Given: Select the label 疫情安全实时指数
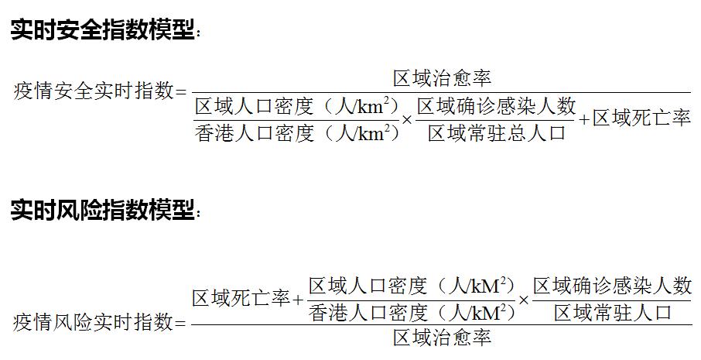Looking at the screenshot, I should coord(94,92).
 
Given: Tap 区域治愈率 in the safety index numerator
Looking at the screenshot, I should coord(442,78).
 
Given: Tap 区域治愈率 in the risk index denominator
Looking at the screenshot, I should coord(442,338).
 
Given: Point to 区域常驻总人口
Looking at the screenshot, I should coord(497,133).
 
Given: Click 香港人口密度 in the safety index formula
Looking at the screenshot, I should coord(255,133).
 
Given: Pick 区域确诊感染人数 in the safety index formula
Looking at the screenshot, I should coord(497,105).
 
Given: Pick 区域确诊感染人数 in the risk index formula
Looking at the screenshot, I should coord(612,286).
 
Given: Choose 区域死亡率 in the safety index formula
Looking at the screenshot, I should coord(641,119).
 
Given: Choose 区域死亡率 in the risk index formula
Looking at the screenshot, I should coord(241,298).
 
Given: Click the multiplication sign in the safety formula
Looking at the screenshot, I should coord(408,120).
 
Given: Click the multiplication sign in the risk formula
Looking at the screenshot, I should coord(524,300).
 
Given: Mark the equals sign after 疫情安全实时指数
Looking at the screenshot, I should coord(183,93).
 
